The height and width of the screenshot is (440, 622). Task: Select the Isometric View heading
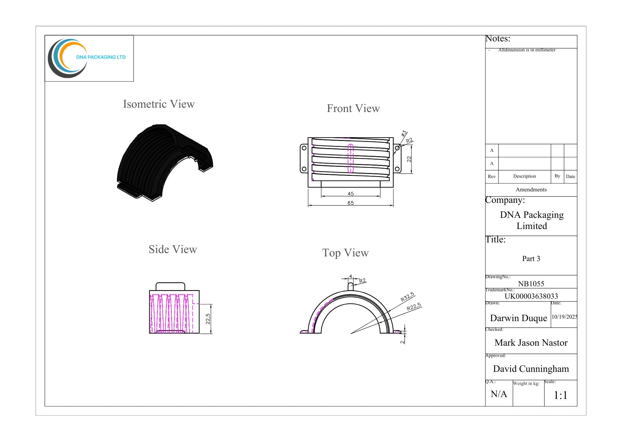click(x=159, y=104)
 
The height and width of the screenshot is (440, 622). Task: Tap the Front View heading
click(x=353, y=108)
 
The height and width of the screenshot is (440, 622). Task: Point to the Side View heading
click(x=173, y=249)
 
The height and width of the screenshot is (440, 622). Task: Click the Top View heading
click(x=346, y=253)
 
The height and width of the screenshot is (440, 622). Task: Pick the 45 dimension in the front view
click(x=351, y=194)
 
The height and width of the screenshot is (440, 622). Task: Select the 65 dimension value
click(x=351, y=203)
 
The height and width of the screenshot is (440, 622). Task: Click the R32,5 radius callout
click(x=407, y=297)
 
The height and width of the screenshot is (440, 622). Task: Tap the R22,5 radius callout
click(x=414, y=307)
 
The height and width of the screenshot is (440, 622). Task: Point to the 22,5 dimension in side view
click(x=208, y=319)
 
